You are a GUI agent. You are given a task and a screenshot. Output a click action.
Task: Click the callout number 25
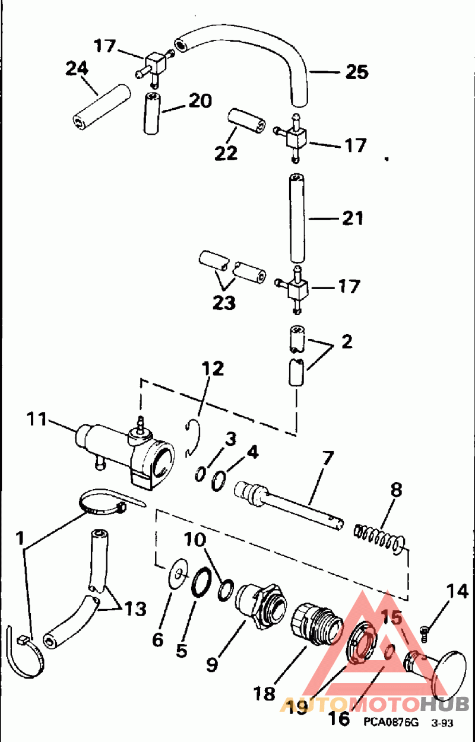(x=357, y=72)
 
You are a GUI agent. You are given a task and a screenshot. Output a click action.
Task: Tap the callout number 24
(x=77, y=69)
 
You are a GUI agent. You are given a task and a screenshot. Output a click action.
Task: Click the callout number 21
(x=353, y=218)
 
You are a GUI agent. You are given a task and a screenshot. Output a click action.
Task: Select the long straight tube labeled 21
(x=297, y=218)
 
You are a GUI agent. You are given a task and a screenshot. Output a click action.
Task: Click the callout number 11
(x=36, y=419)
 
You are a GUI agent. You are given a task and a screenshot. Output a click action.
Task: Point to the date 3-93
(x=442, y=723)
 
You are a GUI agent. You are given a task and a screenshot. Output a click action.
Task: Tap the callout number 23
(x=224, y=302)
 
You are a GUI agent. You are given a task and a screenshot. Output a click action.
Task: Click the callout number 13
(x=135, y=608)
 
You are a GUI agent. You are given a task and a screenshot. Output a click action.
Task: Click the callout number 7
(x=327, y=459)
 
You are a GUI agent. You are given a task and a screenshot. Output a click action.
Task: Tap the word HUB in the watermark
(x=445, y=703)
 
